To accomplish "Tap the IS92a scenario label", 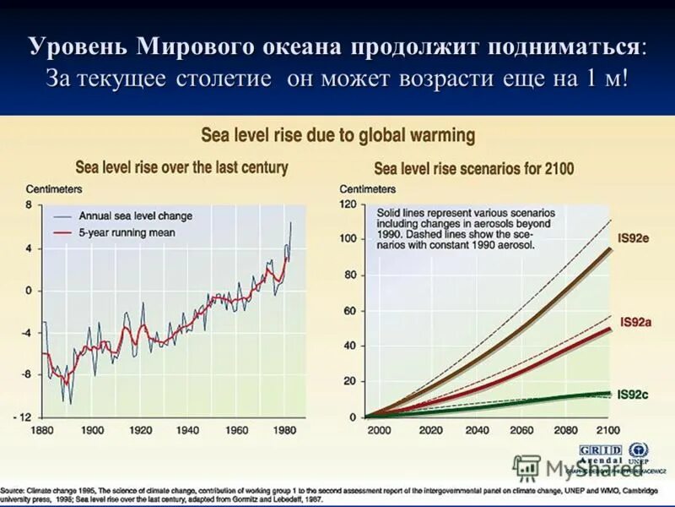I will pyautogui.click(x=634, y=322).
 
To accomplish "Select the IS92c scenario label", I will pyautogui.click(x=633, y=395).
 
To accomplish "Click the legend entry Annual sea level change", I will pyautogui.click(x=135, y=215).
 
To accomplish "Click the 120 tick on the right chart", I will pyautogui.click(x=348, y=204).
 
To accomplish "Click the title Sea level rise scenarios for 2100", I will pyautogui.click(x=473, y=168).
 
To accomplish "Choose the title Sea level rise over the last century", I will pyautogui.click(x=181, y=166).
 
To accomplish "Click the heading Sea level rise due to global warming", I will pyautogui.click(x=337, y=135).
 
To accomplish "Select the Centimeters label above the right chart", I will pyautogui.click(x=367, y=188).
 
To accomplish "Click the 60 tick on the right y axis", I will pyautogui.click(x=350, y=311).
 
